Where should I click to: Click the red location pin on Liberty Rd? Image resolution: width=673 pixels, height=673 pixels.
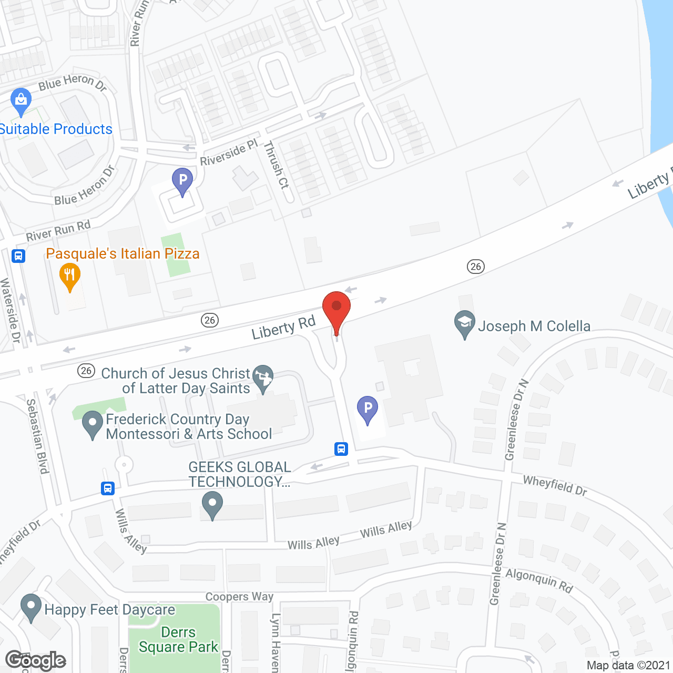click(336, 310)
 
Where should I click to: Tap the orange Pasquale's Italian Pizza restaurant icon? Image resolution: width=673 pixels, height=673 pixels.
click(69, 277)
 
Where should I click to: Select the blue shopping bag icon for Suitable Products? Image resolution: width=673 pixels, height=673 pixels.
click(21, 101)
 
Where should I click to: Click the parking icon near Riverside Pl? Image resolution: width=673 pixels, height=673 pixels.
click(182, 181)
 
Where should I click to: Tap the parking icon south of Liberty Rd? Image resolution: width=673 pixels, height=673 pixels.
click(368, 409)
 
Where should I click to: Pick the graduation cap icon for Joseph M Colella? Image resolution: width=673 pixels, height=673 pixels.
click(465, 324)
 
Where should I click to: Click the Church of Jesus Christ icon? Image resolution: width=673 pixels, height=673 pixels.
click(263, 378)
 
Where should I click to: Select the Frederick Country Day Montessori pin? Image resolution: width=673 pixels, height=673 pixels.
click(93, 424)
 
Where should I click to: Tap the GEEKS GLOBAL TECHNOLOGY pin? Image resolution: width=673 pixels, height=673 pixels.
click(212, 504)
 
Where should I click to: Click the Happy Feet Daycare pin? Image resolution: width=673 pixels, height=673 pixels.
click(31, 607)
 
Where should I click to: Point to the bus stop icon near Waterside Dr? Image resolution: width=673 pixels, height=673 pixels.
click(18, 256)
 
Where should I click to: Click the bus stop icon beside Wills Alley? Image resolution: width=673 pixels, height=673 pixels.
click(108, 488)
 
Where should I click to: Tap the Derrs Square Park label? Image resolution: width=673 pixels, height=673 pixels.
click(178, 639)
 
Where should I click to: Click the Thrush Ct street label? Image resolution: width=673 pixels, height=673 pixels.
click(277, 165)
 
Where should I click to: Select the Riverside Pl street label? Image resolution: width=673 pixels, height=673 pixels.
click(229, 152)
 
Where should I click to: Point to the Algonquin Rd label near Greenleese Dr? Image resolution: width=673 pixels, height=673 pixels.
click(539, 580)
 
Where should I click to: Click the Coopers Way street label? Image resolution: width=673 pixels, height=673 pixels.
click(239, 597)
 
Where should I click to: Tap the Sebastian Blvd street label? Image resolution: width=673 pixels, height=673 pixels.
click(38, 436)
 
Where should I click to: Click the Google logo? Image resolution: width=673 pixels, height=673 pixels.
click(36, 660)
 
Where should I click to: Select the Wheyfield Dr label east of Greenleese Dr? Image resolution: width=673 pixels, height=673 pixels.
click(555, 485)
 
